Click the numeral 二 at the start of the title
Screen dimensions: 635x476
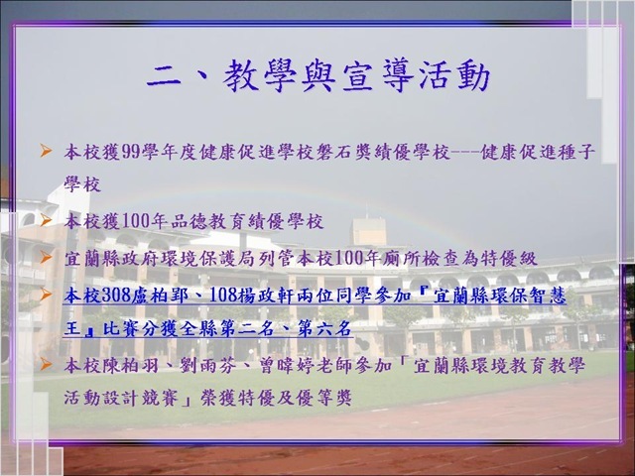(163, 76)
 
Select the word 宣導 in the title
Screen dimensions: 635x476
(377, 76)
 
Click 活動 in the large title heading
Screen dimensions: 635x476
(454, 76)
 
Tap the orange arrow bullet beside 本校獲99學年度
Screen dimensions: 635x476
(46, 151)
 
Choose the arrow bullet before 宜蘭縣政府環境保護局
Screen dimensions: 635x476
(46, 257)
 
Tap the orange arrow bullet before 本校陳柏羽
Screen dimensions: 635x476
(46, 364)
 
